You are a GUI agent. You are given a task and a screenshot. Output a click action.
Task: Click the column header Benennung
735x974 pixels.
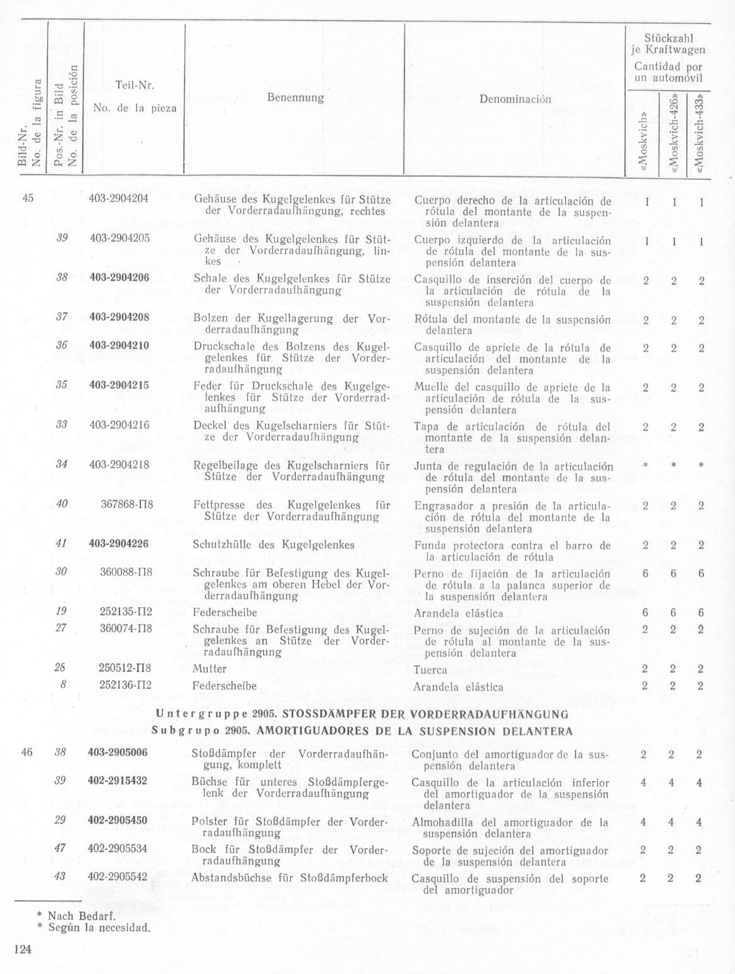click(x=295, y=98)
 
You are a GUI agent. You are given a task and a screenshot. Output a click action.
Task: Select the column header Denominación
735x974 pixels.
click(x=515, y=99)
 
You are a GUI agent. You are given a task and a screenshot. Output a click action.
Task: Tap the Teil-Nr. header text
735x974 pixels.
click(x=135, y=85)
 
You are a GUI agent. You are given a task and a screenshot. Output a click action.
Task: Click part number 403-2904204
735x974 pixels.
click(x=119, y=198)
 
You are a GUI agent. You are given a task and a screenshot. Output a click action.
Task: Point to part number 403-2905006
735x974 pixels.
click(x=119, y=753)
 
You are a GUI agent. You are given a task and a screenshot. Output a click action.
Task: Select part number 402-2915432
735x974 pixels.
click(x=119, y=781)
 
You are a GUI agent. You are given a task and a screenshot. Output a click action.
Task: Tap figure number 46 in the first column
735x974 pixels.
click(x=27, y=753)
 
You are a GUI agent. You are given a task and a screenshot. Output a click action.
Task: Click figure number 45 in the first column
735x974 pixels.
click(x=27, y=198)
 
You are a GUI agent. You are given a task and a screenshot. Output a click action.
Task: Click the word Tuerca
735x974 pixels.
click(x=430, y=670)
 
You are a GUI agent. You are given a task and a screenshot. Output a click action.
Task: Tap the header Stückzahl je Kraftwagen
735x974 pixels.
click(x=670, y=44)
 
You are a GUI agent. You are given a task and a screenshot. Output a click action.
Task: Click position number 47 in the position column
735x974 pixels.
click(x=61, y=848)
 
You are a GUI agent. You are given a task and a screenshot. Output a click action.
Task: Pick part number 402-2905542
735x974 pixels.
click(x=119, y=877)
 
